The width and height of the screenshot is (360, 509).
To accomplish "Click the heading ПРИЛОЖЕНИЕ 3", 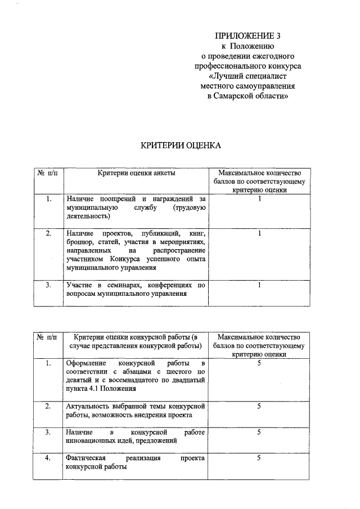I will click(x=248, y=35).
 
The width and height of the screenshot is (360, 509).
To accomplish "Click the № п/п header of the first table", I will click(x=48, y=173).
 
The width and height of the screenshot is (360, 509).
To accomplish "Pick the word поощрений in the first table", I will click(x=116, y=199).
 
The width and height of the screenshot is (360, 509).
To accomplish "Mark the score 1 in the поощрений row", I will click(x=259, y=199).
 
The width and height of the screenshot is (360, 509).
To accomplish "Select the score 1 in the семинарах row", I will click(x=259, y=285).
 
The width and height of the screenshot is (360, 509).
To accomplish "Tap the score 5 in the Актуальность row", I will click(x=259, y=406).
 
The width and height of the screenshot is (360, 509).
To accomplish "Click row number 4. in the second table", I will click(x=48, y=458).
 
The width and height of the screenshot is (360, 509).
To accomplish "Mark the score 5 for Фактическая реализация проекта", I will click(x=259, y=458).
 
